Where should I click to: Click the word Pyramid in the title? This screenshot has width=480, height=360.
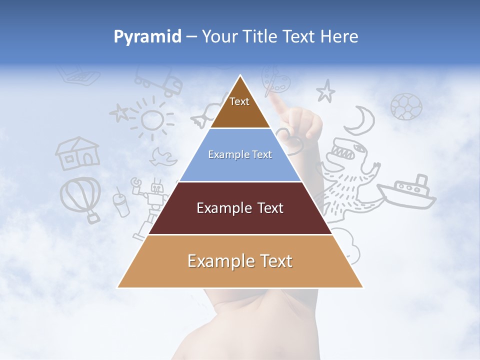click(x=147, y=36)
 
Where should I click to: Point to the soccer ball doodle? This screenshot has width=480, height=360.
click(x=406, y=106)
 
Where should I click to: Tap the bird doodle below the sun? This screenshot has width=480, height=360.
click(x=164, y=156)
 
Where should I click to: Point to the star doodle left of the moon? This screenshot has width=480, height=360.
click(x=325, y=91)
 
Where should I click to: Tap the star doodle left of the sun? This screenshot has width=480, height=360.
click(x=119, y=112)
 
